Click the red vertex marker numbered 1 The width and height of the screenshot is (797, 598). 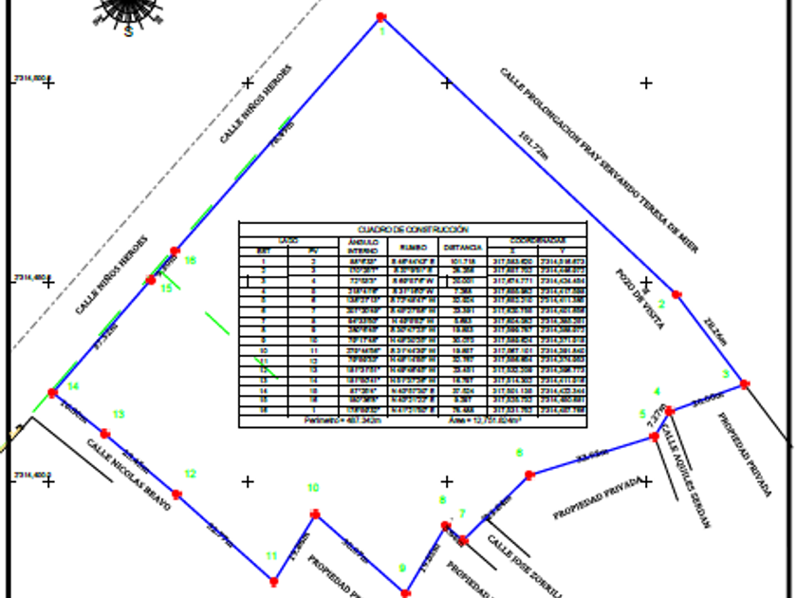pos(381,17)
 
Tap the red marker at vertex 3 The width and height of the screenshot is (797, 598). pos(745,384)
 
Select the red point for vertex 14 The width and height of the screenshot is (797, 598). pos(53,392)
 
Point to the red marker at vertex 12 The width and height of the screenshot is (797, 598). pos(176,495)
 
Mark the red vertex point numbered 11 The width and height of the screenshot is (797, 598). pos(274,581)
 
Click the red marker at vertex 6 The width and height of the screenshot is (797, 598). pos(529,475)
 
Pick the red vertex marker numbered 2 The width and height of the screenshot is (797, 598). pos(677,294)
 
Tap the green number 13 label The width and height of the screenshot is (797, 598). pos(119,414)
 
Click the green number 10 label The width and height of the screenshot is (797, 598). pos(313,488)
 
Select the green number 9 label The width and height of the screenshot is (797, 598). pos(402,569)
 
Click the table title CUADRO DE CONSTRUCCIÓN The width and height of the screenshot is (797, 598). pos(413,230)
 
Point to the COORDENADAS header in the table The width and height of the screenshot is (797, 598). pos(539,240)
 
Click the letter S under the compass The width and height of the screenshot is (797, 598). pos(128,31)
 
